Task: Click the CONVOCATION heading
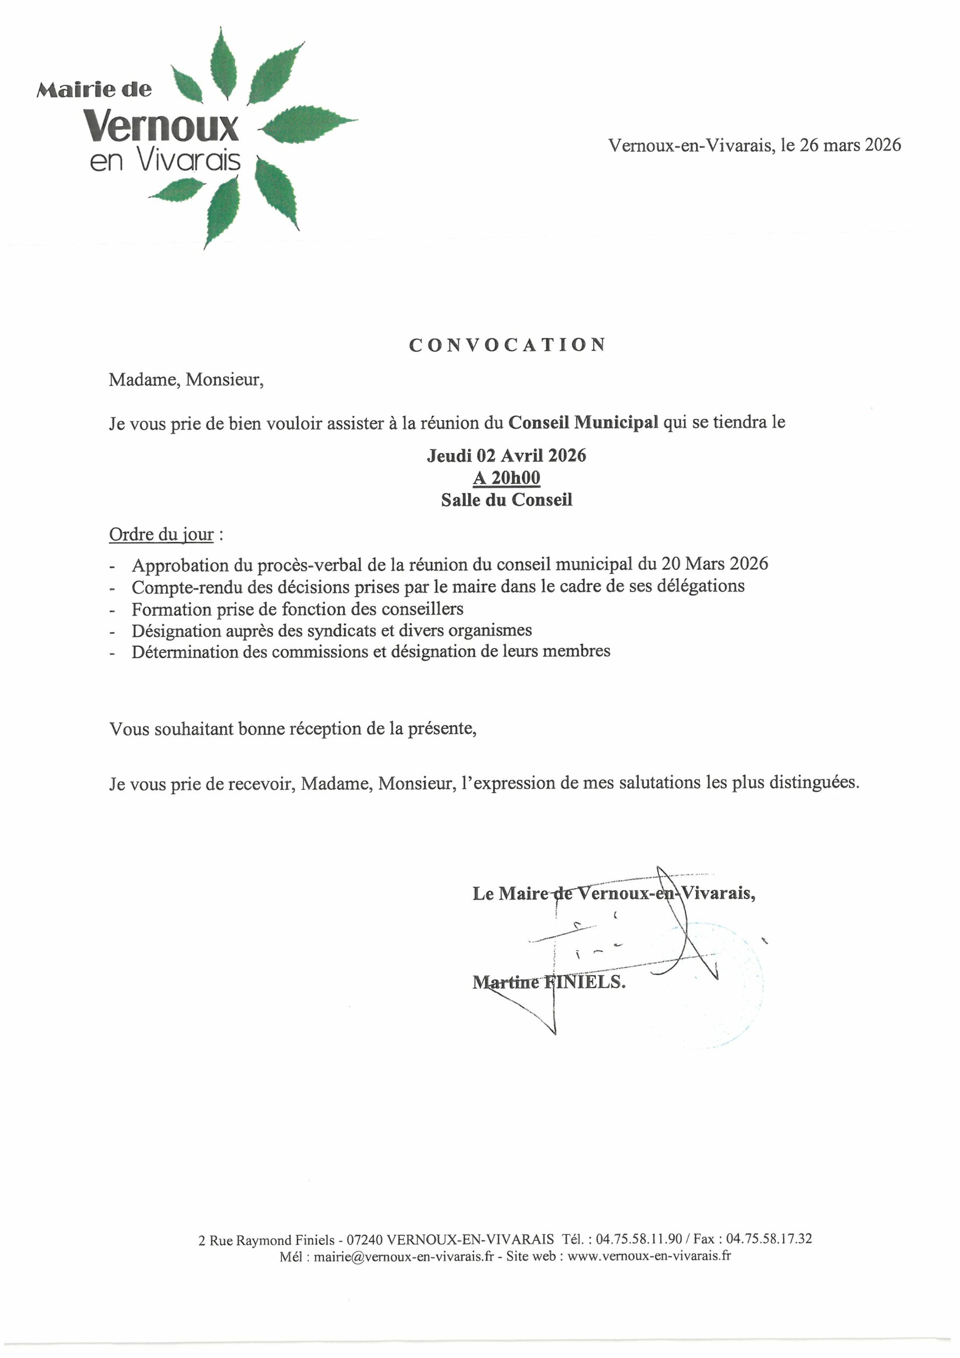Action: point(507,345)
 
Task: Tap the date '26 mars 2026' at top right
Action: point(850,145)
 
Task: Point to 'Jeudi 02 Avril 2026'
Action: point(507,456)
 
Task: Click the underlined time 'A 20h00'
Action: point(507,477)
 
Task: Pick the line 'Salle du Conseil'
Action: point(507,500)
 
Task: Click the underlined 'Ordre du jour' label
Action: point(161,534)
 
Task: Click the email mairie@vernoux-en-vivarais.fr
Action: point(404,1256)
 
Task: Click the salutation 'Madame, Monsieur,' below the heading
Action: point(186,380)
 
